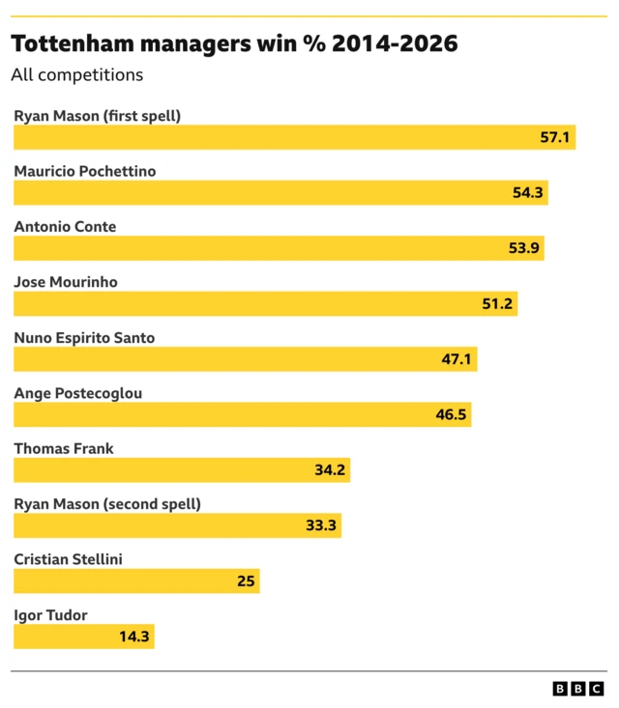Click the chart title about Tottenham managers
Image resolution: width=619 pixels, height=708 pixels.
pyautogui.click(x=234, y=43)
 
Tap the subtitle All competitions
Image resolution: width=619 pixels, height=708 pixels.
pyautogui.click(x=76, y=74)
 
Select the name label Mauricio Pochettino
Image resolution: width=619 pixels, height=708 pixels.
pyautogui.click(x=84, y=171)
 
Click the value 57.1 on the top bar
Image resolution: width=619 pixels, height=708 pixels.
pyautogui.click(x=555, y=138)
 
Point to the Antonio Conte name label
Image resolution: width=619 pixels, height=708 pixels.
pyautogui.click(x=65, y=227)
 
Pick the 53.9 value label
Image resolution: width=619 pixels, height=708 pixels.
pyautogui.click(x=525, y=249)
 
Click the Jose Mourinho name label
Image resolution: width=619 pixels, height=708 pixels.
pyautogui.click(x=66, y=282)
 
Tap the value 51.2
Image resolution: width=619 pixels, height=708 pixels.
pyautogui.click(x=498, y=304)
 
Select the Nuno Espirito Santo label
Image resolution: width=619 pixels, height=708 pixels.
pyautogui.click(x=84, y=338)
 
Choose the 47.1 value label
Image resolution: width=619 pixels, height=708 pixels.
pyautogui.click(x=457, y=359)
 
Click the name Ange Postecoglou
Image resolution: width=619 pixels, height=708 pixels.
pyautogui.click(x=77, y=393)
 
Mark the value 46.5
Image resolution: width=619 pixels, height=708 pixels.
pyautogui.click(x=452, y=415)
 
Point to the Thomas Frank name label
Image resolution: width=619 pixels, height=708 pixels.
pyautogui.click(x=64, y=448)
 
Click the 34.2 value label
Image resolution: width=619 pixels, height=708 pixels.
pyautogui.click(x=330, y=470)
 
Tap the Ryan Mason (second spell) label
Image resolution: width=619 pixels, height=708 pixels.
pyautogui.click(x=107, y=504)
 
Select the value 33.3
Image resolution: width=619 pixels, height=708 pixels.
pyautogui.click(x=321, y=526)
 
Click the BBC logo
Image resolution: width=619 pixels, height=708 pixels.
pyautogui.click(x=577, y=689)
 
